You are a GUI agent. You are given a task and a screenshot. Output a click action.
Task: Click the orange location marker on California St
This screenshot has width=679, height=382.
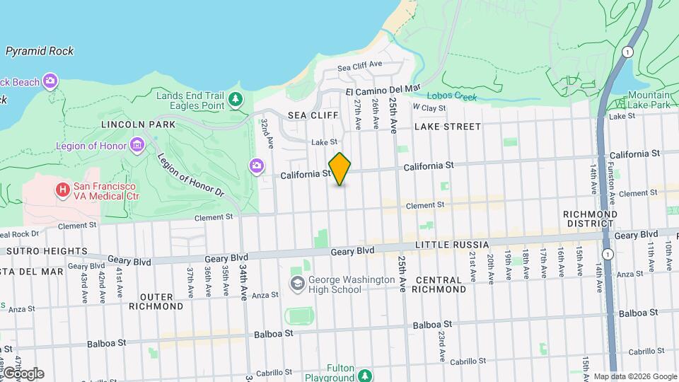(339, 169)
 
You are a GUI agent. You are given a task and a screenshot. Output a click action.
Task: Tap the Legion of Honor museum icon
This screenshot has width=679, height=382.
(137, 146)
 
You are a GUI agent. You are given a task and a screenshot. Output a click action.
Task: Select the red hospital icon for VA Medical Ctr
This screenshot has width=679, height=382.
(63, 190)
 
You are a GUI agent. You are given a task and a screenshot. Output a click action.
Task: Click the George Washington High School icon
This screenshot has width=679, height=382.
(298, 284)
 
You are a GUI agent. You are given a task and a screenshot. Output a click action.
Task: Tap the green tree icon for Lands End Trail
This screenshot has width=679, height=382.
(235, 100)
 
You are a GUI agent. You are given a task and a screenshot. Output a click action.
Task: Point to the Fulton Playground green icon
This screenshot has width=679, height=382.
(365, 374)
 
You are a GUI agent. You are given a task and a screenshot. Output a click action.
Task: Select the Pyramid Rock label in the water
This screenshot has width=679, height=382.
(40, 51)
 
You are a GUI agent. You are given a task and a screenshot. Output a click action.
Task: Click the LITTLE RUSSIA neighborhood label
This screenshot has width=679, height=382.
(451, 245)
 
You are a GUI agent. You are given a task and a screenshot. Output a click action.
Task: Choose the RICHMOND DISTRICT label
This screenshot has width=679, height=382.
(590, 219)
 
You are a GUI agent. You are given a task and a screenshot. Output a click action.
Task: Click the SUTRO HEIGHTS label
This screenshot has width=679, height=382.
(47, 251)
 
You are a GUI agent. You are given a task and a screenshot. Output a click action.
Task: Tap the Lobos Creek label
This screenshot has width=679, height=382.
(452, 97)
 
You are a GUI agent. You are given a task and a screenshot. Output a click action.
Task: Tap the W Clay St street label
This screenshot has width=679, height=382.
(429, 108)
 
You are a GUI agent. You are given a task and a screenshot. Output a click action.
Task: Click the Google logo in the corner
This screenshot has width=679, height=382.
(23, 373)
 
